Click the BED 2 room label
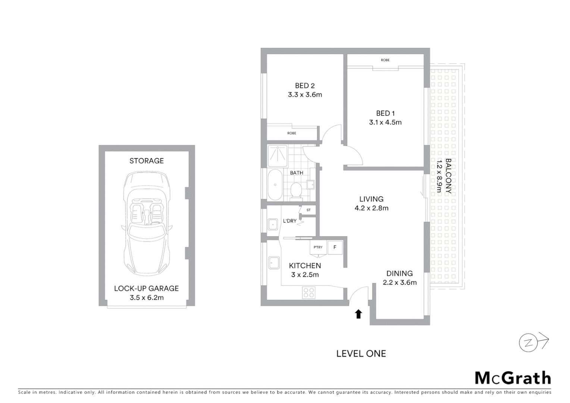[304, 86]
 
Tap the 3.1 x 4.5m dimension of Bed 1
[385, 122]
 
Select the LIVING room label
[371, 199]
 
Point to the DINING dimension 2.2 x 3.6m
[400, 282]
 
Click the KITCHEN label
[305, 266]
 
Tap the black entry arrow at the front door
[358, 314]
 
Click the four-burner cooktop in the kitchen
[309, 292]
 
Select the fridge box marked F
[335, 247]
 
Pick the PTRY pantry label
[318, 247]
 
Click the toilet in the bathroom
[296, 190]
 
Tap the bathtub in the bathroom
[275, 185]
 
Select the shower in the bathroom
[277, 156]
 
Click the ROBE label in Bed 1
[385, 60]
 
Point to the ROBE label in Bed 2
[292, 133]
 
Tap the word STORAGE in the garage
[146, 161]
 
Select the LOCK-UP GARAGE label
[146, 288]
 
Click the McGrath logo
[513, 378]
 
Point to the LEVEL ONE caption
[361, 354]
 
